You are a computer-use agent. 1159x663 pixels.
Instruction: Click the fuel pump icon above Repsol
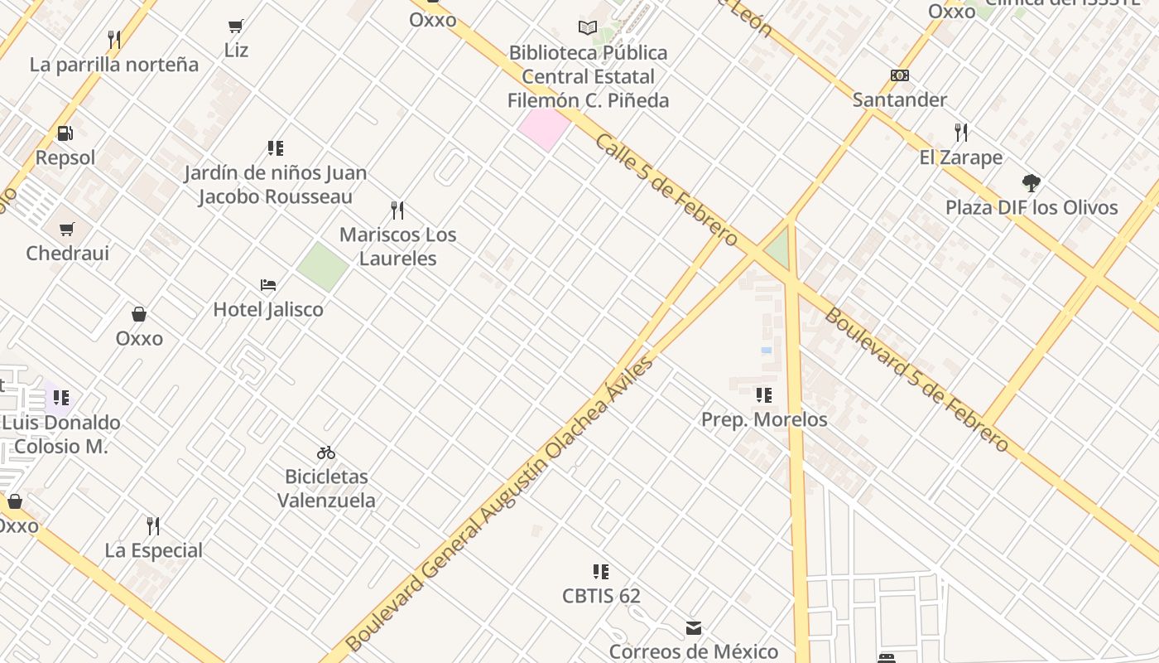tap(65, 133)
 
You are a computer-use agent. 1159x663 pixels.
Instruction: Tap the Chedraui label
tap(67, 253)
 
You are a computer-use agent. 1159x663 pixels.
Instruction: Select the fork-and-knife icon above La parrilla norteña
tap(114, 39)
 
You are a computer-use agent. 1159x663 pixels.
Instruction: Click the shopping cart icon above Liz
tap(236, 27)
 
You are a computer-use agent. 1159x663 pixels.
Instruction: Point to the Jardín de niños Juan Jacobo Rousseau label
tap(275, 185)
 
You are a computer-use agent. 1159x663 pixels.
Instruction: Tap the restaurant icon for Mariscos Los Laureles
tap(397, 211)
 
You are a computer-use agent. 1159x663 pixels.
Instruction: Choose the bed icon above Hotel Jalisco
tap(268, 285)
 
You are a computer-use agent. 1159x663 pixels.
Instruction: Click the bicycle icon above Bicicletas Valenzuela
tap(326, 452)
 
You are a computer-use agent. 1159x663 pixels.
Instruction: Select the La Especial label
tap(153, 550)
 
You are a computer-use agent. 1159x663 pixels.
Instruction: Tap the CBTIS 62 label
tap(601, 596)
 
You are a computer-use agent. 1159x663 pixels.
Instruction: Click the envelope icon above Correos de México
tap(694, 628)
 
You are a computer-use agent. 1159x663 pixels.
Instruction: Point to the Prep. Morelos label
tap(764, 419)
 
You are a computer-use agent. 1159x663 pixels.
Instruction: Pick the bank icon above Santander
tap(900, 75)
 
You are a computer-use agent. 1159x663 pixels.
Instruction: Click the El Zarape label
tap(960, 157)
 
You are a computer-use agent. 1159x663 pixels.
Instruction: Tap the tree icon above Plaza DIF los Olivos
tap(1032, 183)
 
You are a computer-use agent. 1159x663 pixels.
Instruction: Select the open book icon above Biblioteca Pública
tap(588, 28)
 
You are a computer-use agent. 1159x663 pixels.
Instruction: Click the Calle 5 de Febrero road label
tap(666, 191)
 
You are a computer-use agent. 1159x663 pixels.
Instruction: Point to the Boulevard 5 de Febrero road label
tap(917, 380)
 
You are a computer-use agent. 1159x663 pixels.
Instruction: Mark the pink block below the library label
tap(545, 128)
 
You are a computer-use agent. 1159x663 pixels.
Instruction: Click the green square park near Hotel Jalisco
tap(322, 267)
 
